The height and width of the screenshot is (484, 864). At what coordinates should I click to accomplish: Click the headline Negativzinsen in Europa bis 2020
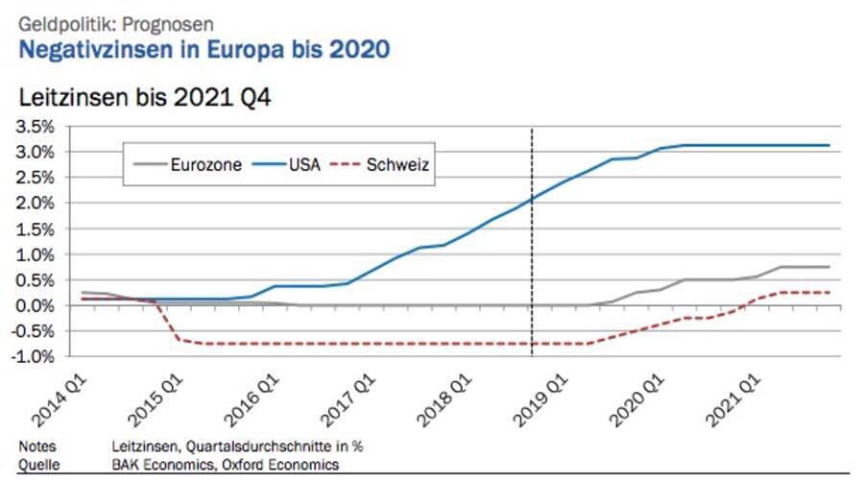[204, 49]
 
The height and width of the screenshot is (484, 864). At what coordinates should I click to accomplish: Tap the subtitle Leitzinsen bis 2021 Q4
[145, 97]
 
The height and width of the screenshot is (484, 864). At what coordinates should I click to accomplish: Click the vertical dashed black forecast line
[532, 240]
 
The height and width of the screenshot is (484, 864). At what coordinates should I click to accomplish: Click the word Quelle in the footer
[38, 464]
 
